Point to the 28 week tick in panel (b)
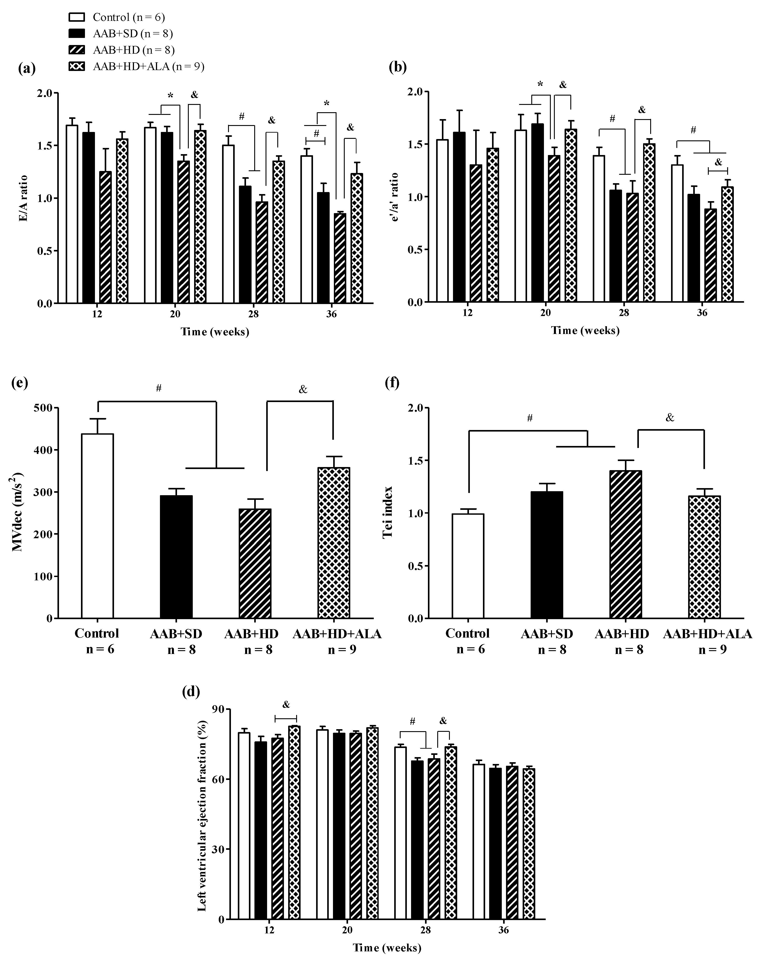624,313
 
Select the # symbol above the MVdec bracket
158,388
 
